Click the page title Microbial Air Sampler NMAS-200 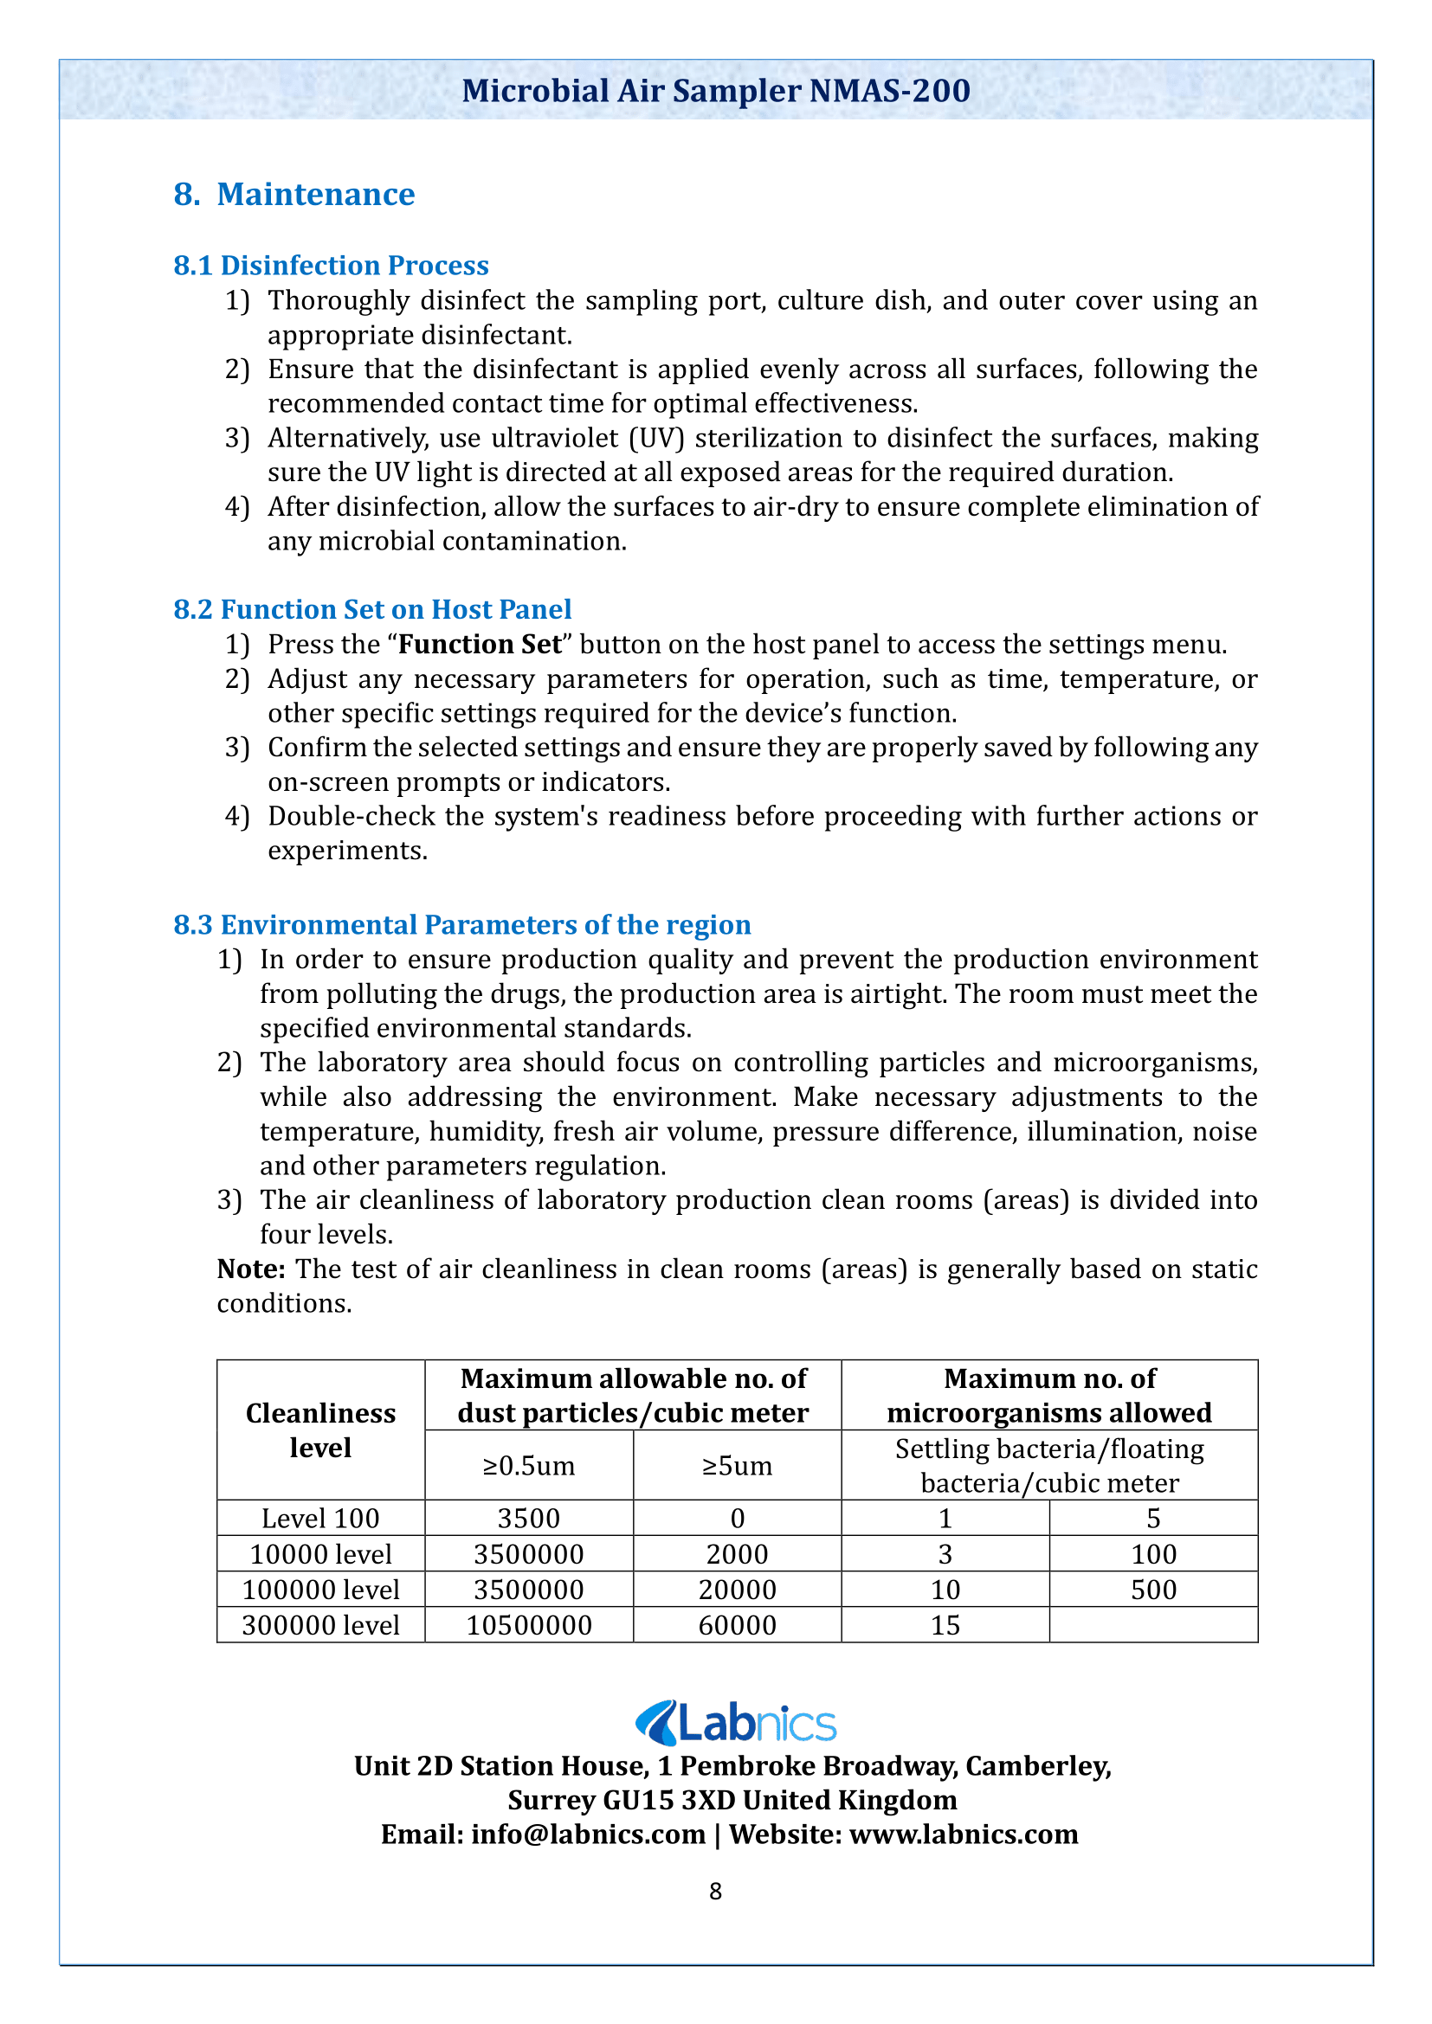tap(715, 91)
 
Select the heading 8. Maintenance tap(293, 194)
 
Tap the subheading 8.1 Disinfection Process tap(331, 266)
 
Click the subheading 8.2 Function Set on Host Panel tap(372, 609)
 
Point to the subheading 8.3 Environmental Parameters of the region tap(462, 925)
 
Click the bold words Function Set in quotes tap(480, 645)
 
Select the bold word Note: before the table tap(250, 1269)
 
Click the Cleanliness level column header tap(320, 1430)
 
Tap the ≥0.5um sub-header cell tap(528, 1465)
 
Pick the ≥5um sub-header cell tap(737, 1465)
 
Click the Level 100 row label tap(320, 1518)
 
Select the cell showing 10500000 tap(528, 1625)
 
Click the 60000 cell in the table tap(737, 1625)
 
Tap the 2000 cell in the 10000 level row tap(737, 1554)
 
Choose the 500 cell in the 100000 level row tap(1153, 1590)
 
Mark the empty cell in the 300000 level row tap(1153, 1625)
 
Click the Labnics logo tap(735, 1724)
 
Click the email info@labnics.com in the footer tap(588, 1834)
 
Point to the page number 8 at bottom tap(715, 1891)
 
